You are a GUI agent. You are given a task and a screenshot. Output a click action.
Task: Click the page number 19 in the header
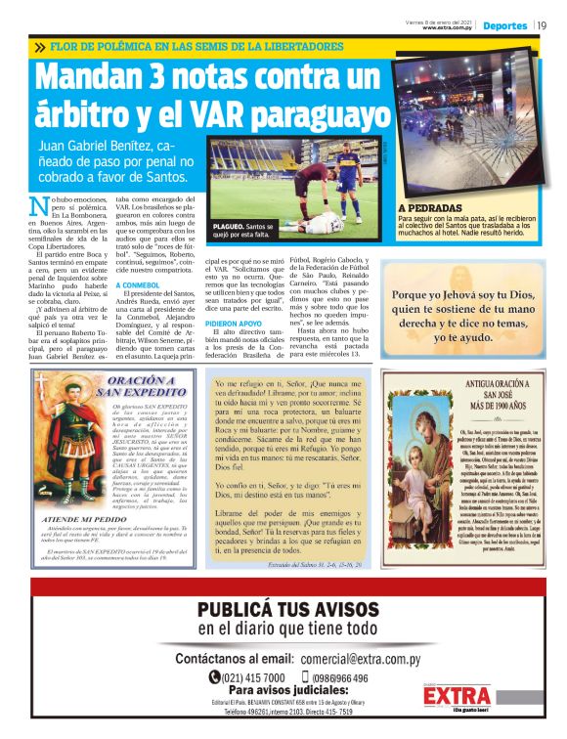[x=541, y=24]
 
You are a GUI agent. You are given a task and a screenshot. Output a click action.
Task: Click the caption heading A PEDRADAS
[x=430, y=208]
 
